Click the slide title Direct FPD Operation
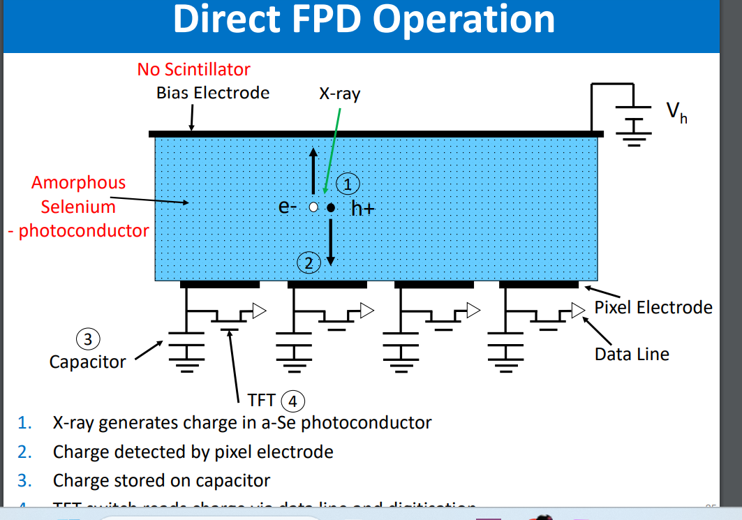pyautogui.click(x=364, y=19)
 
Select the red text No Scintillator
pyautogui.click(x=193, y=69)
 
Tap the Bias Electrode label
pyautogui.click(x=213, y=93)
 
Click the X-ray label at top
pyautogui.click(x=340, y=94)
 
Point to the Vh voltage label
pyautogui.click(x=676, y=111)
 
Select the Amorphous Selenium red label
pyautogui.click(x=78, y=195)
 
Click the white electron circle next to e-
pyautogui.click(x=314, y=207)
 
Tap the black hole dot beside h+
pyautogui.click(x=332, y=207)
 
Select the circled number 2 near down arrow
pyautogui.click(x=308, y=263)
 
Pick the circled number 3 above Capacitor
pyautogui.click(x=87, y=340)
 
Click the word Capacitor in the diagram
pyautogui.click(x=87, y=362)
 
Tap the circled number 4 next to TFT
pyautogui.click(x=293, y=401)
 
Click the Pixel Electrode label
pyautogui.click(x=653, y=307)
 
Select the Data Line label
pyautogui.click(x=632, y=354)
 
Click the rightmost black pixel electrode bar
pyautogui.click(x=539, y=284)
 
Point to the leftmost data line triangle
pyautogui.click(x=260, y=311)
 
